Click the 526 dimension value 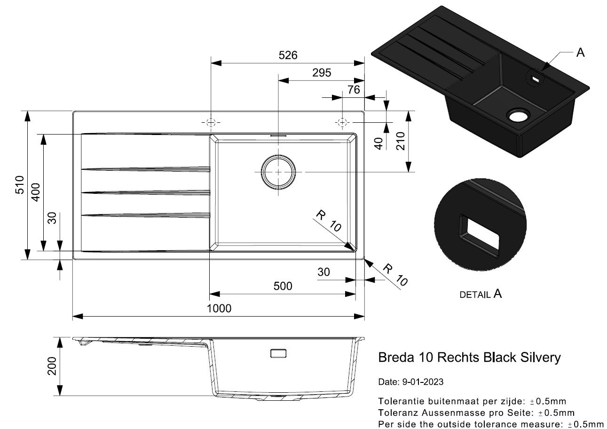pos(288,56)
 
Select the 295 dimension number pos(322,72)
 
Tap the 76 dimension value pos(354,90)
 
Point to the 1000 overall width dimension pos(219,309)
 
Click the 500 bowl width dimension pos(283,286)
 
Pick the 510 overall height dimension pos(20,185)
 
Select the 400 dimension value pos(36,192)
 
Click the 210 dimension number pos(400,141)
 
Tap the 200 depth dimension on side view pos(52,366)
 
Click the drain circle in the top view pos(278,172)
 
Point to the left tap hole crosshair pos(211,123)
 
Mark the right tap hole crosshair pos(342,123)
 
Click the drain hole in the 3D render pos(518,116)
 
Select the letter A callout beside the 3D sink pos(580,53)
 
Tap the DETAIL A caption pos(481,294)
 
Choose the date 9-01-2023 pos(423,382)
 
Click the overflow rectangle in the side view pos(278,353)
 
